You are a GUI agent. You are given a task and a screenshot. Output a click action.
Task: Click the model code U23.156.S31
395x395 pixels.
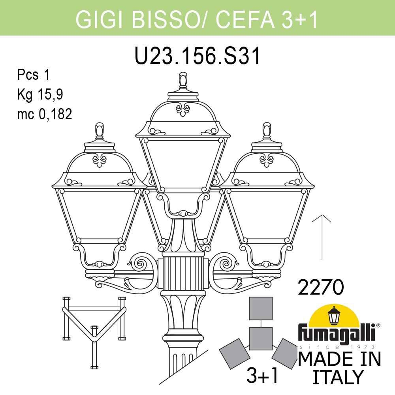[197, 56]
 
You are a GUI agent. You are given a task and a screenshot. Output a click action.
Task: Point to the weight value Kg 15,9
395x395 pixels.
[40, 95]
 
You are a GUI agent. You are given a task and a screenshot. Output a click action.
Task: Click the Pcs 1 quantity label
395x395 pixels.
[34, 75]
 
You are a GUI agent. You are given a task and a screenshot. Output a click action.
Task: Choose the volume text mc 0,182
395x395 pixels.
[45, 114]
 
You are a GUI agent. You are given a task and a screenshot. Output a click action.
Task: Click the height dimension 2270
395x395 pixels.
[321, 287]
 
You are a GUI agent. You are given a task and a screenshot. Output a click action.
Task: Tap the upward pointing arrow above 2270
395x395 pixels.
[322, 237]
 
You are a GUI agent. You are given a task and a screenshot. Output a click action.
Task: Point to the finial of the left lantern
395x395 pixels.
[100, 130]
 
